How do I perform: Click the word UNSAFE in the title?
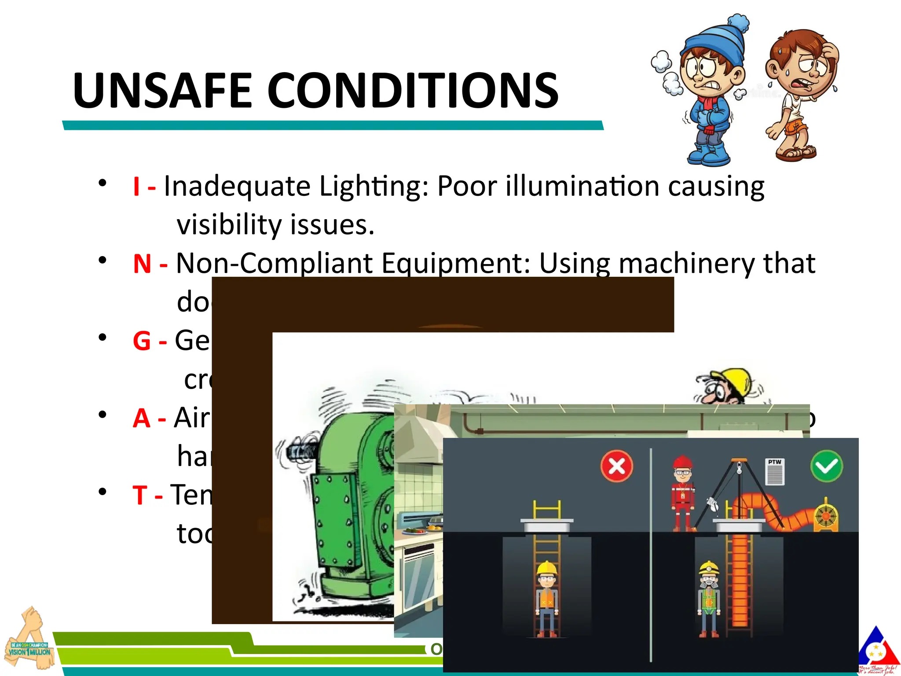click(x=162, y=91)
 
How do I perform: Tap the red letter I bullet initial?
click(x=137, y=186)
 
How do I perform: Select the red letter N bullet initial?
click(x=142, y=264)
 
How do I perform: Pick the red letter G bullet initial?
click(x=142, y=341)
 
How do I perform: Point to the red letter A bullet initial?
click(x=141, y=418)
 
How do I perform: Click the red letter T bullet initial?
click(x=139, y=495)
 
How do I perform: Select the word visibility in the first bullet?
click(x=229, y=225)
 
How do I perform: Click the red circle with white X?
click(x=617, y=466)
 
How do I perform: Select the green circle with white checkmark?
click(x=827, y=466)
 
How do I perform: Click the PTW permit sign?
click(x=775, y=471)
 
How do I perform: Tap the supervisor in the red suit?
click(x=682, y=493)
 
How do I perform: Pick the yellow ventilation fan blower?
click(x=826, y=515)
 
